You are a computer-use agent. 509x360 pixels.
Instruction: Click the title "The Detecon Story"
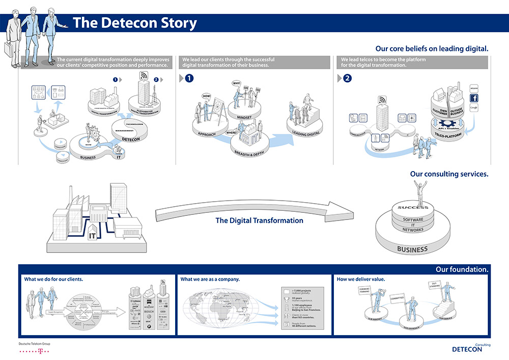click(x=134, y=23)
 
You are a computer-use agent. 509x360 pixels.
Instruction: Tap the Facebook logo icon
click(x=473, y=97)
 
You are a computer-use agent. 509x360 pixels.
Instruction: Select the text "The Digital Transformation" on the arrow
click(x=259, y=221)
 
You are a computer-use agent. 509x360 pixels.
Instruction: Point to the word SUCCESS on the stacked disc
click(x=413, y=208)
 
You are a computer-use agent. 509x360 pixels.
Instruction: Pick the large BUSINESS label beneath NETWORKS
click(x=412, y=250)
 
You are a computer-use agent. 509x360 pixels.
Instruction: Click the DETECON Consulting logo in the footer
click(x=471, y=349)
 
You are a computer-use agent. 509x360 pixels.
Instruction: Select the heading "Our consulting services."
click(x=449, y=174)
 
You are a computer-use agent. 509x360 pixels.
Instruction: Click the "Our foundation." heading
click(x=462, y=269)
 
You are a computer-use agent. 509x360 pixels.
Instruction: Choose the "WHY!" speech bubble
click(x=237, y=83)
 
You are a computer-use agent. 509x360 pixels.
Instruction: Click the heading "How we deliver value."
click(x=361, y=279)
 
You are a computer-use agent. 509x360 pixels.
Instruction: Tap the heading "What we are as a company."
click(x=210, y=279)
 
